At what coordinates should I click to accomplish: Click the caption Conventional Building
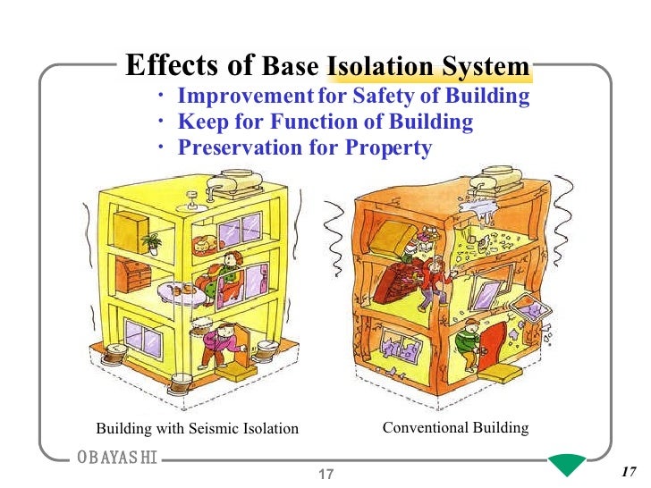[x=455, y=428]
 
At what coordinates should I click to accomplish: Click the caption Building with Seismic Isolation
[x=197, y=429]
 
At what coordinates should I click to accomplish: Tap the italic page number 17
[x=626, y=472]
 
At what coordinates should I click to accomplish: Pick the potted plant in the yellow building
[x=151, y=240]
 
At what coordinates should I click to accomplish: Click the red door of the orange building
[x=494, y=345]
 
